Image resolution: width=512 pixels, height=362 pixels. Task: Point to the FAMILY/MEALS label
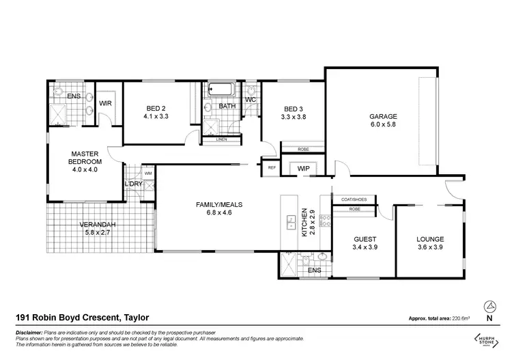click(x=219, y=208)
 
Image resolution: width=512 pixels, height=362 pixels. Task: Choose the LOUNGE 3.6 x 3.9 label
click(x=430, y=242)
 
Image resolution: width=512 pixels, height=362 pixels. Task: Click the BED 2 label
click(x=156, y=112)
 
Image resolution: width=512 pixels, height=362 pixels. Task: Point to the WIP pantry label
click(x=304, y=168)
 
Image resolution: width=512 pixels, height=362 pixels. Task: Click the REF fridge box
click(x=271, y=167)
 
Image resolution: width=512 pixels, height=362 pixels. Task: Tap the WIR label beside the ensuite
click(x=105, y=103)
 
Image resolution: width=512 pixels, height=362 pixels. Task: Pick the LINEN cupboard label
click(x=221, y=139)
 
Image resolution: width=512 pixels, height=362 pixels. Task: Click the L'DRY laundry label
click(x=132, y=184)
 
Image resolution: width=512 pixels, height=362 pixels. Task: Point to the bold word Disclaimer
click(x=27, y=332)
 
